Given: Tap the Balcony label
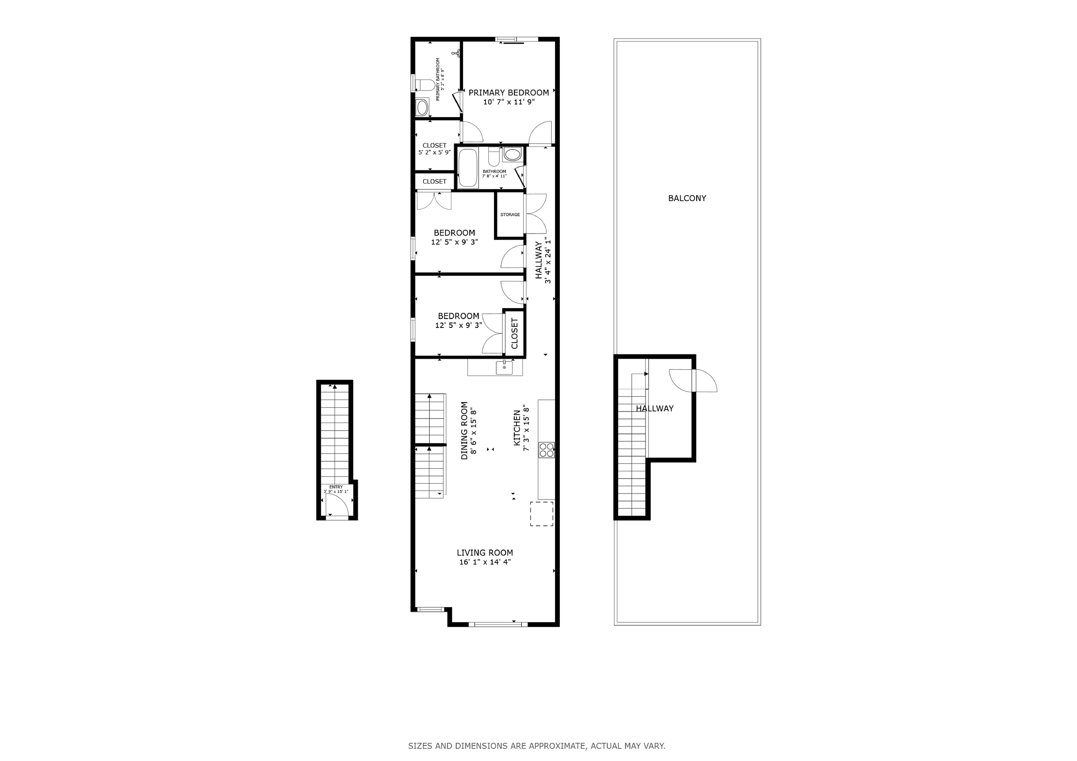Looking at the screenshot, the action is [x=687, y=198].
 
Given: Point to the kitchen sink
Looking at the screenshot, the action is [x=504, y=368].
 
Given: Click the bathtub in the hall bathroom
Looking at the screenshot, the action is [x=468, y=168].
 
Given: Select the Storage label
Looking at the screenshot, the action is [x=510, y=215].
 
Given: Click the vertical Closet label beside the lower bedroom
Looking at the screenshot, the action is [x=514, y=334].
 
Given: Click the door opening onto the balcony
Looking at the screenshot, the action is [x=693, y=380].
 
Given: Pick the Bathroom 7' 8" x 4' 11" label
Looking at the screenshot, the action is [x=494, y=174].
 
